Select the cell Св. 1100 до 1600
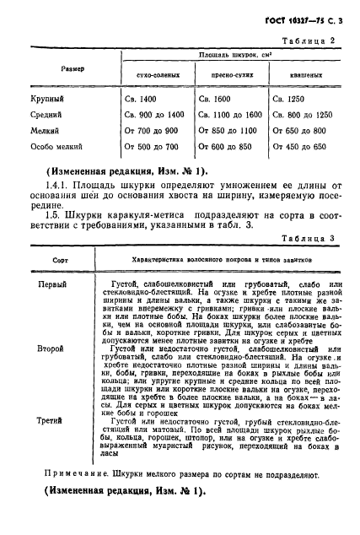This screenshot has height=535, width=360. pyautogui.click(x=228, y=115)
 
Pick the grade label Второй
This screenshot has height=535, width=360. pyautogui.click(x=52, y=347)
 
